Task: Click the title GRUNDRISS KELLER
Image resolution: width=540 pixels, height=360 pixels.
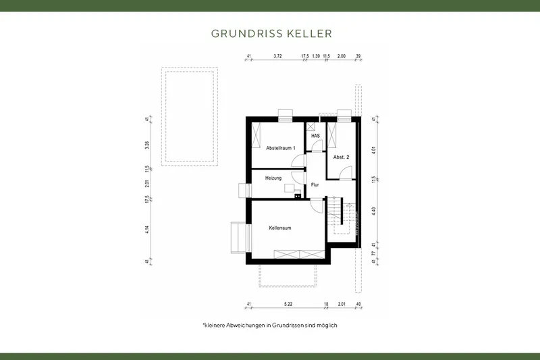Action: click(x=271, y=32)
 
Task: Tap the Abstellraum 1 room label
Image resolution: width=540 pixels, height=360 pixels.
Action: click(x=281, y=147)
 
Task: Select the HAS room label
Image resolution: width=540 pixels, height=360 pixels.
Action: click(x=315, y=136)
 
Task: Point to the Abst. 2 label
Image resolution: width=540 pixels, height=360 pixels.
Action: click(x=342, y=157)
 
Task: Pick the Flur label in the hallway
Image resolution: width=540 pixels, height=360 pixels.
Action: click(x=315, y=184)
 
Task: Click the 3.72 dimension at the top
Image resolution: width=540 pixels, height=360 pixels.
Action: click(x=277, y=57)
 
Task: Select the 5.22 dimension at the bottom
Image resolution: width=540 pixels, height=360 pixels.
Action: click(x=288, y=304)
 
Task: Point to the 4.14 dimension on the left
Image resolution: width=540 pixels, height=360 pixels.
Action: click(x=146, y=228)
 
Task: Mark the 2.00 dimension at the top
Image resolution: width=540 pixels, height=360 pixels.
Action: click(x=342, y=57)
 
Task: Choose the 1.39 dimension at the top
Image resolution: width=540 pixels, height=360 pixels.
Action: click(x=315, y=57)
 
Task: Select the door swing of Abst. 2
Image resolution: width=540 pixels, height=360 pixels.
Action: click(x=345, y=173)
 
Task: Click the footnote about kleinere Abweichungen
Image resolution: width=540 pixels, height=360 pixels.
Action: click(x=270, y=326)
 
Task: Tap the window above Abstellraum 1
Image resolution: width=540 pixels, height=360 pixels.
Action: click(x=286, y=113)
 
